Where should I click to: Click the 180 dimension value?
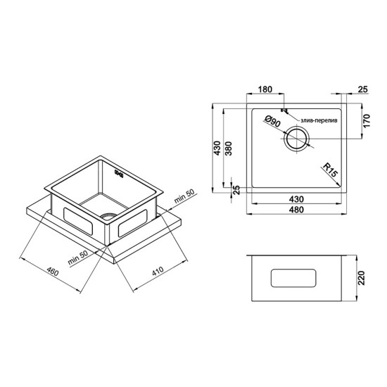pos(265,89)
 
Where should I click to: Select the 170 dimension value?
pos(367,120)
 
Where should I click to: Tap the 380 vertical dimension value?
pos(229,148)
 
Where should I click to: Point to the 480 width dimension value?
pos(296,210)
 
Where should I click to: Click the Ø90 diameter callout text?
pos(272,122)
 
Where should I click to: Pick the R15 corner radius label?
pos(330,170)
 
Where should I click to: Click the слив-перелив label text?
pos(319,121)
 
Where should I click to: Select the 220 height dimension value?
pos(361,278)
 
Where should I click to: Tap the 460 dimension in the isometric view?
pos(53,271)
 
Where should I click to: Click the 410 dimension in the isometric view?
pos(158,271)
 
